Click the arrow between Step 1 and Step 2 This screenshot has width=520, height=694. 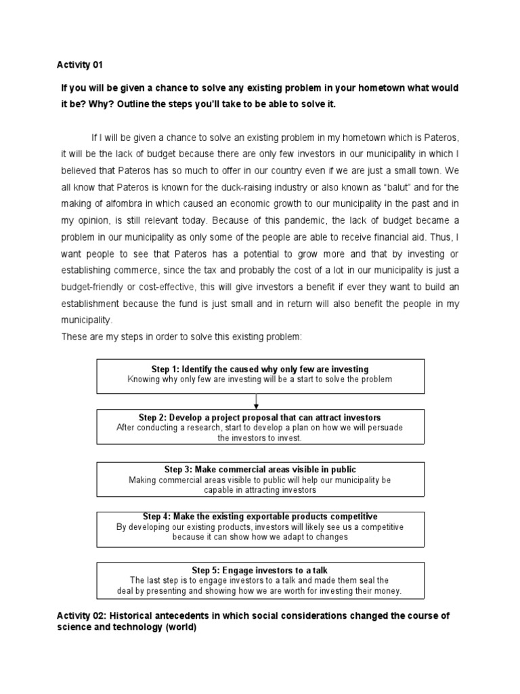(x=257, y=401)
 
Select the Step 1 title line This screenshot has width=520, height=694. (x=260, y=369)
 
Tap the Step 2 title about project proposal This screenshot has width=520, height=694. (x=260, y=417)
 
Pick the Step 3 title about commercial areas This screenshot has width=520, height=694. (x=260, y=470)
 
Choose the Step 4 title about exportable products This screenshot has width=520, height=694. (x=260, y=516)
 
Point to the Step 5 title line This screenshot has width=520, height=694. (x=260, y=570)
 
